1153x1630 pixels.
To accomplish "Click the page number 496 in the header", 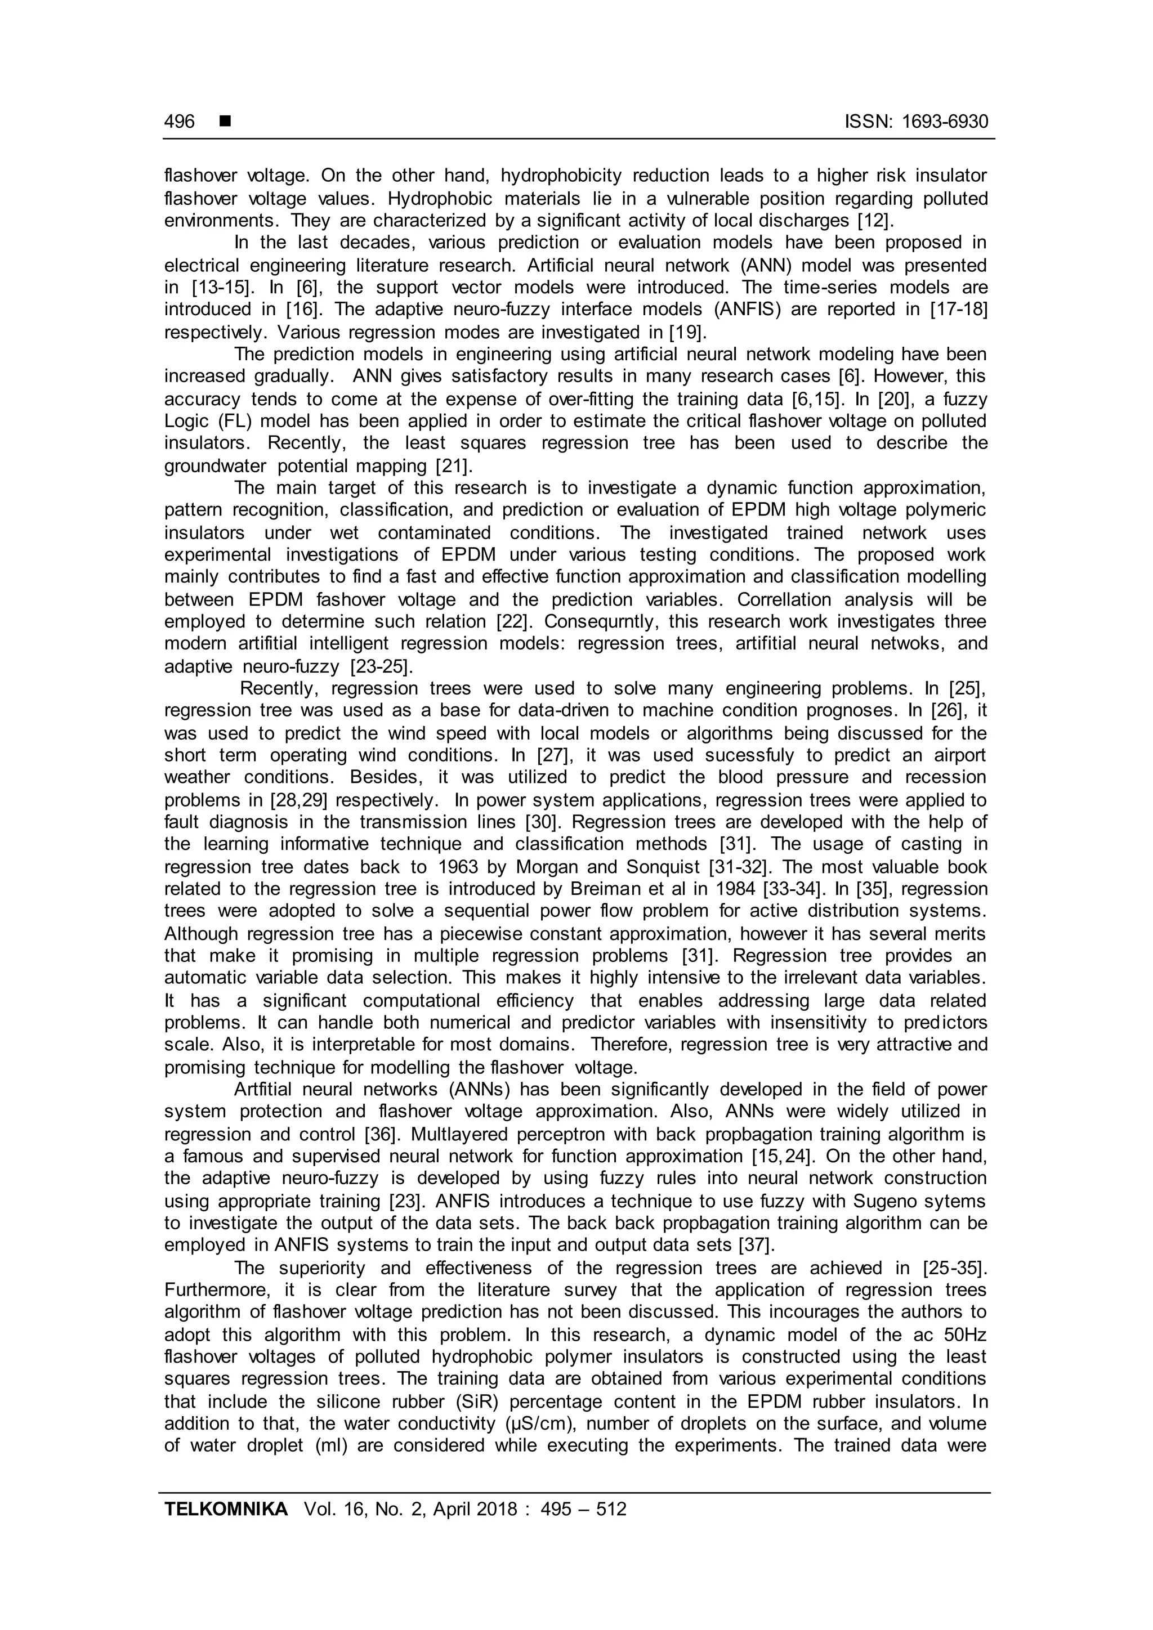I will [179, 122].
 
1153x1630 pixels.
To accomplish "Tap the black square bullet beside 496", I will [225, 122].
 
